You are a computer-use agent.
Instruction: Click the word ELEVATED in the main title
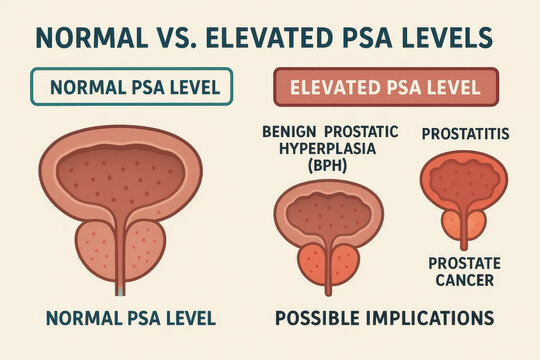coord(254,37)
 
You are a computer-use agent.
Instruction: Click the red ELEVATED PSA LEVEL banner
coord(385,86)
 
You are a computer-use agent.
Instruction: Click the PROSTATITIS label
coord(463,132)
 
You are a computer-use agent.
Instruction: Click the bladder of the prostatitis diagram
coord(461,180)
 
